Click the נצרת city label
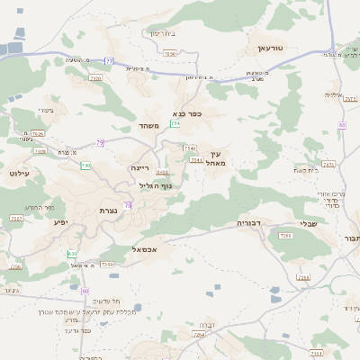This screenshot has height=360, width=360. tap(108, 210)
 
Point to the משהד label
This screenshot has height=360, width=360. tap(149, 127)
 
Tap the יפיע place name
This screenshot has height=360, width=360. tap(61, 221)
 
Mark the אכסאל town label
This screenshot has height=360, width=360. tap(144, 248)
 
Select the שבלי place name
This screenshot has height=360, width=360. tap(309, 226)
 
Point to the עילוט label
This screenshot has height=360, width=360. tap(18, 172)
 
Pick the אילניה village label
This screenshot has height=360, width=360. tap(335, 94)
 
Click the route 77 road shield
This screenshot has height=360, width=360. tap(110, 61)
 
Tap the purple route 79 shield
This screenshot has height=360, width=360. tap(100, 143)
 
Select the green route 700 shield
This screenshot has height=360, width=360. tap(86, 166)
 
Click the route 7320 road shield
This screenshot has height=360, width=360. tap(95, 79)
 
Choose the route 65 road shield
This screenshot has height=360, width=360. tap(342, 124)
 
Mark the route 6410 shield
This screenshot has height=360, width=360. tap(162, 172)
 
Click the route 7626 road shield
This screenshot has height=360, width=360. tap(38, 134)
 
